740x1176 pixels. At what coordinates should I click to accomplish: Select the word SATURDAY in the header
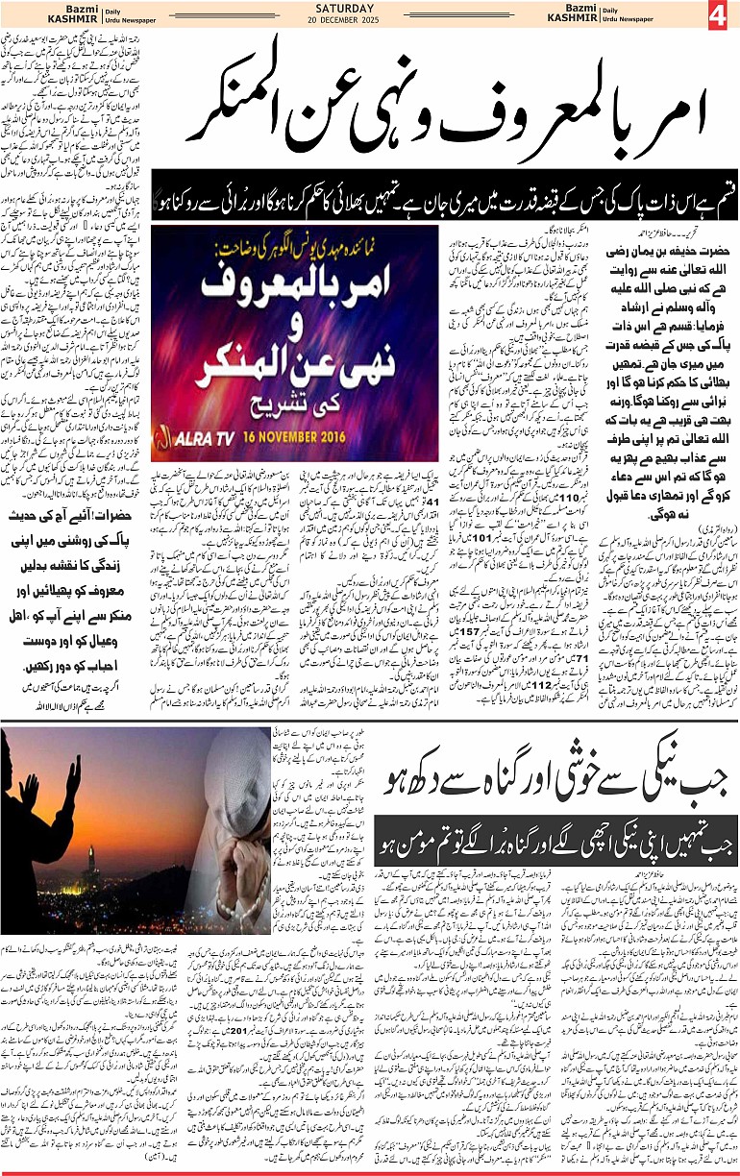pyautogui.click(x=369, y=10)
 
